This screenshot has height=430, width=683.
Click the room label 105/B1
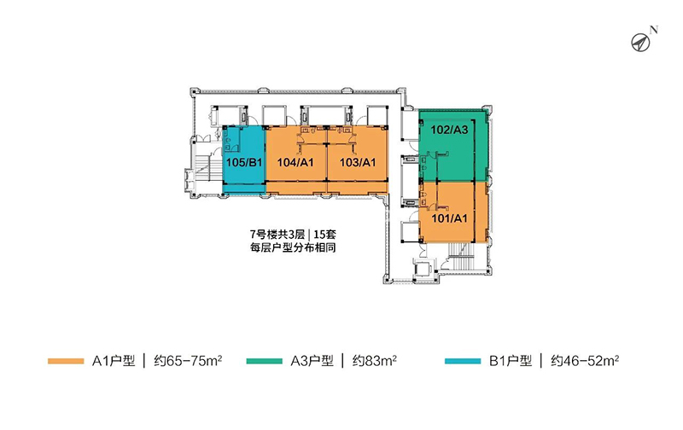tap(244, 163)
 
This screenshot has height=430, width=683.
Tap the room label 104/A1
tap(295, 163)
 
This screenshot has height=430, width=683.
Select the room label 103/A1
tap(358, 163)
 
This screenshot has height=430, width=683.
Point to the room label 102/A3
tap(449, 130)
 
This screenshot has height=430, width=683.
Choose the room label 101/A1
tap(449, 218)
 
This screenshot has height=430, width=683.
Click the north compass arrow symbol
tap(641, 42)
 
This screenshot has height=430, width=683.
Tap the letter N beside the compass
tap(653, 30)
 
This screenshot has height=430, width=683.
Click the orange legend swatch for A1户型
tap(66, 361)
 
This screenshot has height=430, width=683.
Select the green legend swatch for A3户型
tap(264, 361)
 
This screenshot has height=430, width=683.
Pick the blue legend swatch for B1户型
tap(463, 361)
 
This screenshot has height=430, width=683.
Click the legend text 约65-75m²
tap(188, 361)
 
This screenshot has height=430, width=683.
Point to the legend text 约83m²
tap(375, 361)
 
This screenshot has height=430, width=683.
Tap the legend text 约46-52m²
tap(585, 361)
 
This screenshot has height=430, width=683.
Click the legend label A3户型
tap(312, 361)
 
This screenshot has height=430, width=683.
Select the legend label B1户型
tap(511, 361)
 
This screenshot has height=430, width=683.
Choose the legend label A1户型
tap(114, 361)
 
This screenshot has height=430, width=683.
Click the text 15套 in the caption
tap(324, 235)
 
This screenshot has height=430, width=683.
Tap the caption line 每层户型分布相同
tap(293, 248)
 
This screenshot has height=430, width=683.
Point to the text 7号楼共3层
tap(277, 235)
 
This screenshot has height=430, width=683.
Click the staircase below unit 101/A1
tap(461, 256)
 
